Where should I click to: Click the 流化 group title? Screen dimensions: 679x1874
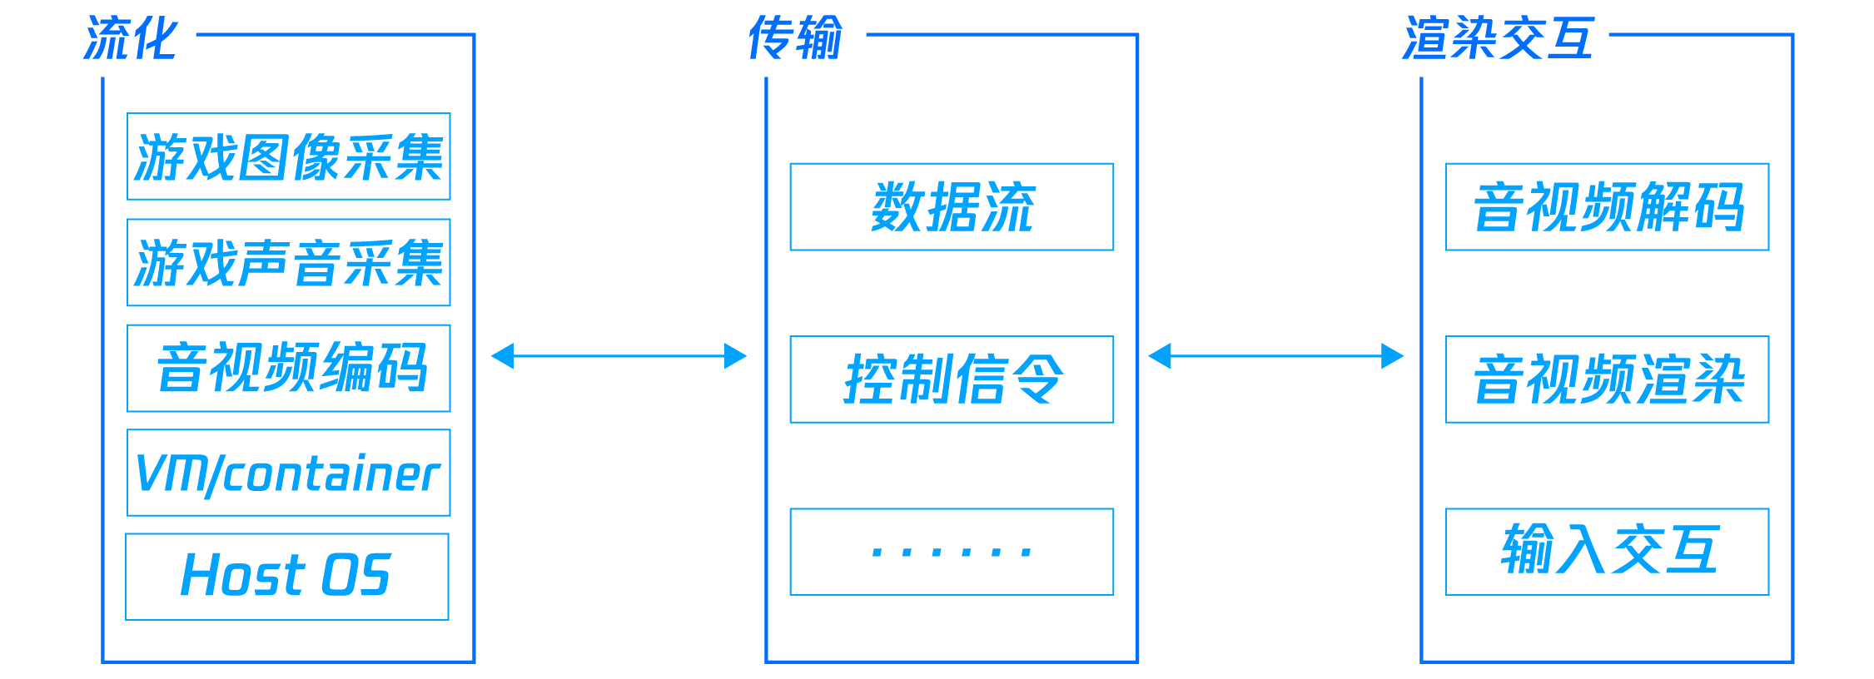click(131, 39)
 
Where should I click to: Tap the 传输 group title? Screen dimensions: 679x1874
click(795, 39)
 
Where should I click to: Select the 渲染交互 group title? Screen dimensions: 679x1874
click(1498, 39)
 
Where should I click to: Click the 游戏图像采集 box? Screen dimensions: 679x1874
click(288, 156)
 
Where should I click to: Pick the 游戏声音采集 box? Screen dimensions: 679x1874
click(288, 262)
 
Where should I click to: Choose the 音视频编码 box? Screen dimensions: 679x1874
click(288, 368)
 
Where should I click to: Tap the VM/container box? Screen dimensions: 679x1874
click(288, 473)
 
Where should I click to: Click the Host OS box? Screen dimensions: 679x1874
click(286, 576)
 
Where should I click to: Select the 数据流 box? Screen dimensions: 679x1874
click(952, 206)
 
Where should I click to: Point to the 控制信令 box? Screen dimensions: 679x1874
click(952, 379)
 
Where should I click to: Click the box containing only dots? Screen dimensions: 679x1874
click(952, 551)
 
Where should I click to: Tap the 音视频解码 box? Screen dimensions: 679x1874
click(1607, 206)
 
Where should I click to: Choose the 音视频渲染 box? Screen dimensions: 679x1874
click(1607, 379)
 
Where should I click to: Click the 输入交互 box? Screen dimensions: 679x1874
click(1607, 551)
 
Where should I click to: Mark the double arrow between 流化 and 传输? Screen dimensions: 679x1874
click(619, 356)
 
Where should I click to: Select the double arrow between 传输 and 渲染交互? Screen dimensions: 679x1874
click(1275, 356)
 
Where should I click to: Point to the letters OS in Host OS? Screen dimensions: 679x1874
click(355, 576)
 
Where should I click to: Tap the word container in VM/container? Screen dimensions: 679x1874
click(331, 474)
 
